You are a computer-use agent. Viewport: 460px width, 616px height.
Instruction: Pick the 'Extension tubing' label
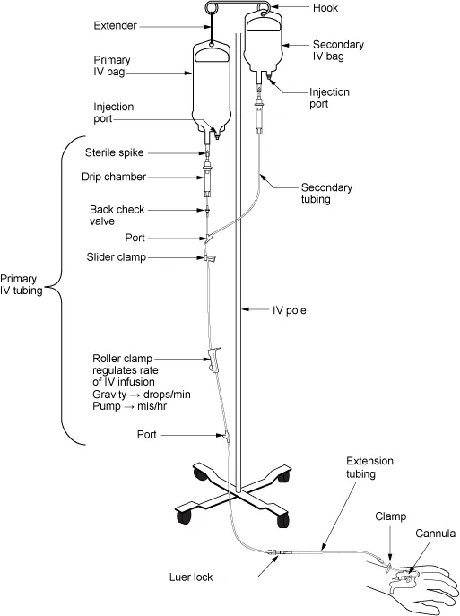pyautogui.click(x=368, y=466)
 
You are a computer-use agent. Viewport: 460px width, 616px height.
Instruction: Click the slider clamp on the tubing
pyautogui.click(x=211, y=258)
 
